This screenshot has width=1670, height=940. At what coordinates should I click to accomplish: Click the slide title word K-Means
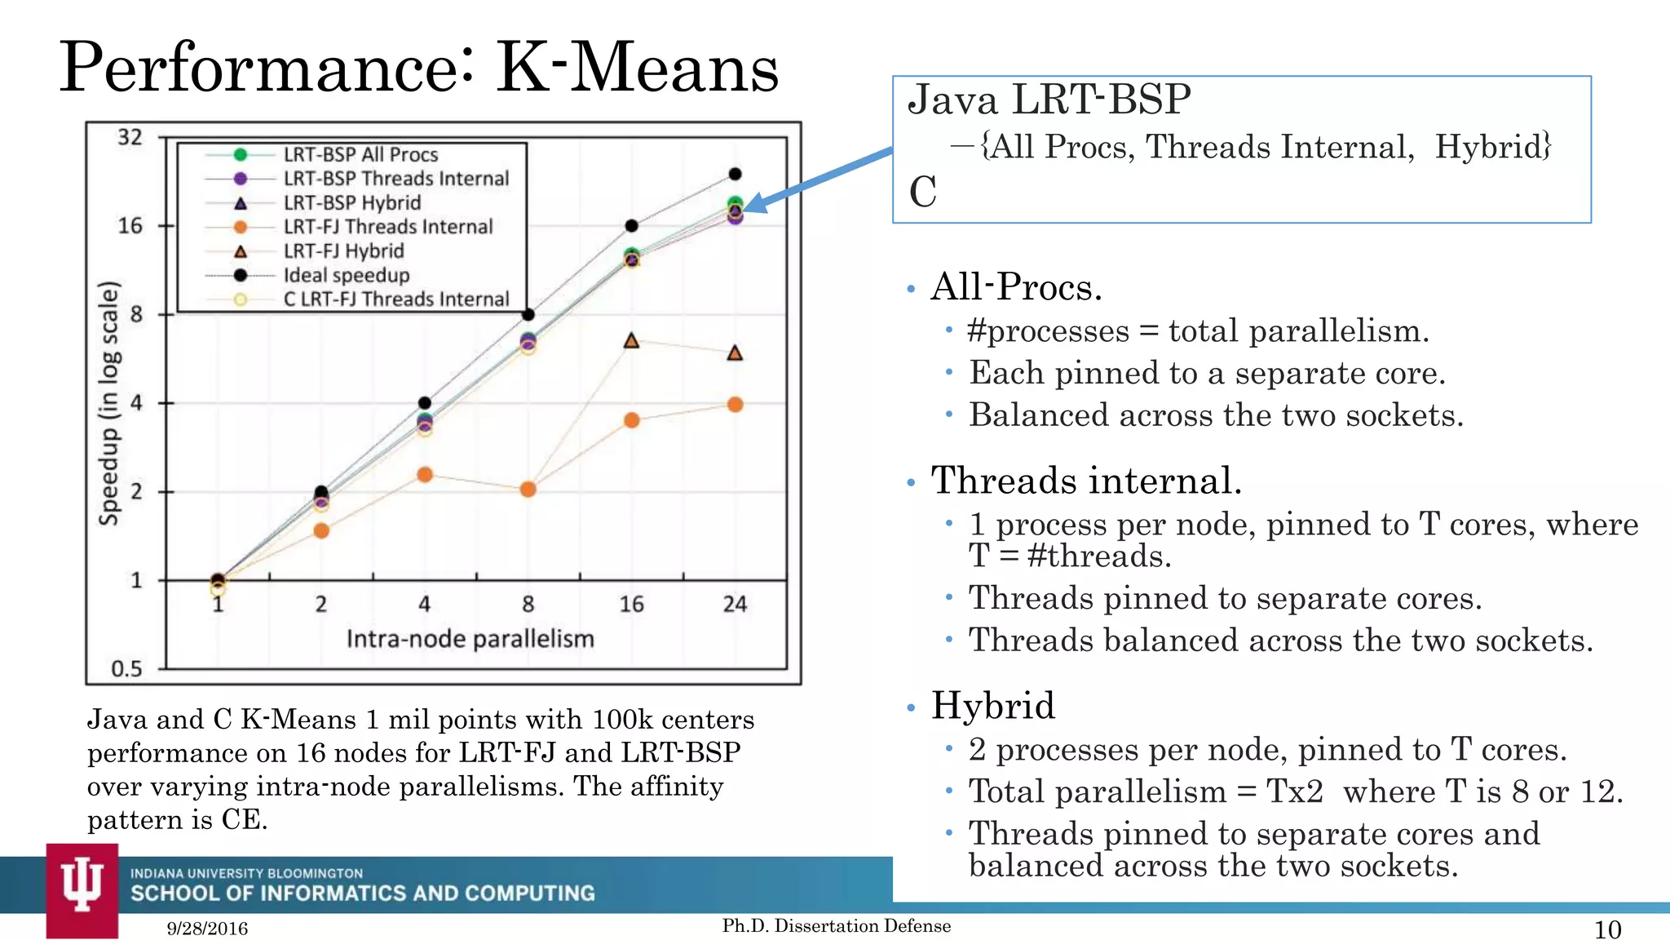637,69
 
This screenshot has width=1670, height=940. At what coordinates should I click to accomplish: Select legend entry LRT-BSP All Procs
360,154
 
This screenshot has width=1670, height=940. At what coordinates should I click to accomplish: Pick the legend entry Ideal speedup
346,275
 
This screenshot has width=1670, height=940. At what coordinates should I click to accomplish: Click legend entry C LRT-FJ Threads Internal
395,299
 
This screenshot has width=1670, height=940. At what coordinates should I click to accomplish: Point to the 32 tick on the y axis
130,137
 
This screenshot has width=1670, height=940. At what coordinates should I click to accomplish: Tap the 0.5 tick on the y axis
126,669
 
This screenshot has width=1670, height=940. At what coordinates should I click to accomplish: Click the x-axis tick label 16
631,605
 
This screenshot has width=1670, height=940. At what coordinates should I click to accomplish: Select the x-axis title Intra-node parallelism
470,639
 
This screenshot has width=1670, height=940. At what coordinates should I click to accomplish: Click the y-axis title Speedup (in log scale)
109,403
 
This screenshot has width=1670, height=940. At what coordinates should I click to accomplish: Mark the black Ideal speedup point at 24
735,174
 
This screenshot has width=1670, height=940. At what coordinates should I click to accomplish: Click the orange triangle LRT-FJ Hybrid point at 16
631,341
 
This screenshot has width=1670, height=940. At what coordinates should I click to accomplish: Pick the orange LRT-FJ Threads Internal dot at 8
528,490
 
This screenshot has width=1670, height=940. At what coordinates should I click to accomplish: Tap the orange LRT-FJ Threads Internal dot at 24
735,405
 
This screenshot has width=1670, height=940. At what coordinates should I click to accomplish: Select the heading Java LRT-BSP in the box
1049,100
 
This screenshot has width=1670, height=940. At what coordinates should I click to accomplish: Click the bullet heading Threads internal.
1085,481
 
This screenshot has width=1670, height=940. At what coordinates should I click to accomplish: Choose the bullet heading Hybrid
992,706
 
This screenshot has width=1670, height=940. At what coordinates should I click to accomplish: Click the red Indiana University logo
82,889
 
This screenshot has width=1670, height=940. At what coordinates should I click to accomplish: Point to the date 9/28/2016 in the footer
207,929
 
